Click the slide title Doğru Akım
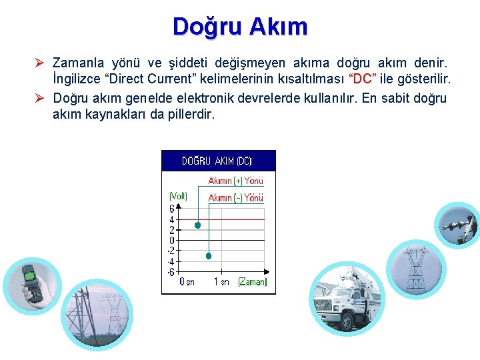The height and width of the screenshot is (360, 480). coord(240,27)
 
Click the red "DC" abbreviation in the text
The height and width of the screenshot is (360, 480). coord(364,79)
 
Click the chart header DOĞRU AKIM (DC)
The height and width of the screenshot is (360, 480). coord(217,161)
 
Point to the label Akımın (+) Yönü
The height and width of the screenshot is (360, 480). coord(235,181)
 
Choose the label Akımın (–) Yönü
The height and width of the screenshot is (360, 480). coord(235,197)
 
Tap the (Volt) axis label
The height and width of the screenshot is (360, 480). coord(178,196)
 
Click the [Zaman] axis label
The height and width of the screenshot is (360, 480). coord(252,282)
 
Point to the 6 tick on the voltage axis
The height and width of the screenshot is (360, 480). coord(172,209)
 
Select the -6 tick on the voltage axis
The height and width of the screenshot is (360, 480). coord(171,271)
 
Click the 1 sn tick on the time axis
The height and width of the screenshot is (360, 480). coord(221,282)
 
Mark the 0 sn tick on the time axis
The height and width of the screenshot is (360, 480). coord(187,282)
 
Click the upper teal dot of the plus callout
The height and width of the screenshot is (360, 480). coord(197,225)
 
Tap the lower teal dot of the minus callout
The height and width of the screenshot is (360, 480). coord(209,256)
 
